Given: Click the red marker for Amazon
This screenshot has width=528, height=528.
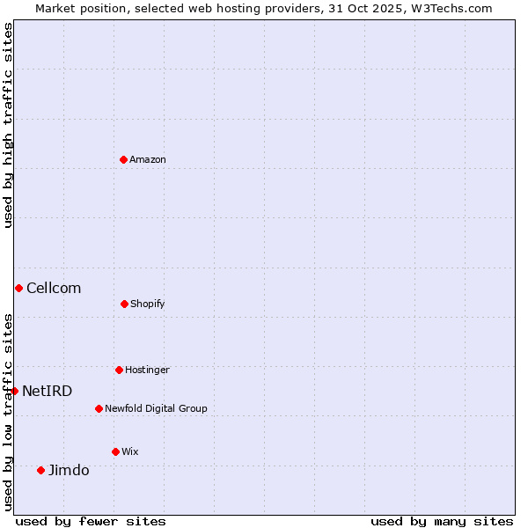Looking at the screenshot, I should (x=123, y=159).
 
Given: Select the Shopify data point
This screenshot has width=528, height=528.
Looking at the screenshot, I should (x=124, y=304).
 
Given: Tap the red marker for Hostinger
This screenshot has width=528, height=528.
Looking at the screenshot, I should (x=119, y=370).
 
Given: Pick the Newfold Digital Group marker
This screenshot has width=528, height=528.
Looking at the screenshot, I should (x=99, y=408).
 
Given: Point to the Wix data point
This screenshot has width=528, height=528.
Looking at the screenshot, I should (x=115, y=451).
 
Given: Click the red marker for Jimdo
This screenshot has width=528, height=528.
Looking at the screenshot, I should (x=40, y=470).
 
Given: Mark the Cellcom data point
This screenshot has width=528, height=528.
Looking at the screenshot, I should (x=18, y=288).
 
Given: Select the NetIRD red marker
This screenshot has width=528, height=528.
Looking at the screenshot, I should (x=14, y=391).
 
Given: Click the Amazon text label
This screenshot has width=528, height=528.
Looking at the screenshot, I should (x=148, y=159).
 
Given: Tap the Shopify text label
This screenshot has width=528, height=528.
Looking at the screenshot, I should (x=148, y=304).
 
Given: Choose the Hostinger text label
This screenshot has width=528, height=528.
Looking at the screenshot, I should (x=147, y=370).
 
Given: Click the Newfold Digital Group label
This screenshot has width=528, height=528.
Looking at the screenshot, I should (x=156, y=408).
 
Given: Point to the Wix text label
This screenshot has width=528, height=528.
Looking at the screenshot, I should (x=130, y=451).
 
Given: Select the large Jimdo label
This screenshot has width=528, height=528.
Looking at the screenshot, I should (x=69, y=470).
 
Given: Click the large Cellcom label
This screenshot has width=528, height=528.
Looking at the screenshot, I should (x=54, y=288).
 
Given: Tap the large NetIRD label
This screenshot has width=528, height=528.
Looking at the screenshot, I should (x=48, y=391).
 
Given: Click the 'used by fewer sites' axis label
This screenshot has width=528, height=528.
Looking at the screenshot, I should (x=91, y=521).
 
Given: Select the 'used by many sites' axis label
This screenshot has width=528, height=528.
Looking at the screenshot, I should (x=442, y=521).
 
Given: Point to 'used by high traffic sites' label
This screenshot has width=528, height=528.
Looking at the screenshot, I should (x=8, y=125).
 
